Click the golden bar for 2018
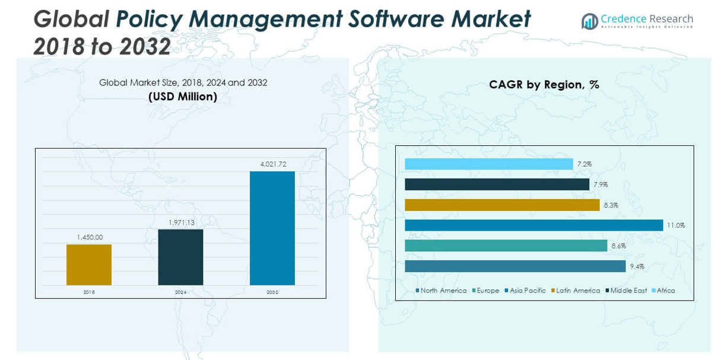pos(89,265)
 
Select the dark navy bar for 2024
pos(180,257)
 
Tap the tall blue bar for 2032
pos(272,228)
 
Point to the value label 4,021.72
pos(272,164)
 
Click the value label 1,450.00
pos(90,237)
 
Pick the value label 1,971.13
pos(181,222)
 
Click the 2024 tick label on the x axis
pos(180,292)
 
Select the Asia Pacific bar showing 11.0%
pos(533,225)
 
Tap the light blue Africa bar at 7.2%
pos(488,164)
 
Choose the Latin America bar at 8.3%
pos(502,205)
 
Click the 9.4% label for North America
pos(637,266)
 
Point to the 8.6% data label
pos(618,246)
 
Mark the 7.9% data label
pos(601,185)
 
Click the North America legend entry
pos(443,291)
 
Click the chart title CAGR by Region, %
pos(544,85)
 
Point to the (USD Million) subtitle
pos(183,96)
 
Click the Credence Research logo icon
pos(589,21)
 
